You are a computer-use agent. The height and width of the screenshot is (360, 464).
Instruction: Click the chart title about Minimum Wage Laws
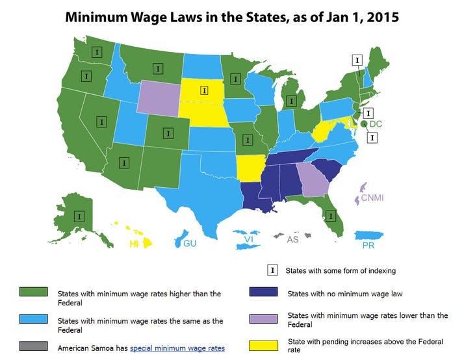(x=232, y=18)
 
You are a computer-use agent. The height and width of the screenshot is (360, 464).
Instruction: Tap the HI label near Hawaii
(x=134, y=244)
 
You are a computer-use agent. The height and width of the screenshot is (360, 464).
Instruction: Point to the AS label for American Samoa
(x=293, y=238)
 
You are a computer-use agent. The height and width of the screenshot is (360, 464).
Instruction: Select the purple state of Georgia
(x=312, y=177)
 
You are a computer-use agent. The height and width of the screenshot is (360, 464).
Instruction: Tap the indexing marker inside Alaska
(x=79, y=216)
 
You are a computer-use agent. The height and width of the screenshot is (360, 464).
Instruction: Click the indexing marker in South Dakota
(x=204, y=90)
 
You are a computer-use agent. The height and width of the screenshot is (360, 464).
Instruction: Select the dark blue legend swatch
(x=263, y=294)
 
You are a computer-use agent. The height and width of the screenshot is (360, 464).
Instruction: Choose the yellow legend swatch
(x=263, y=346)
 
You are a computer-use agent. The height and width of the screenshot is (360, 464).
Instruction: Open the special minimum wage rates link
(x=177, y=348)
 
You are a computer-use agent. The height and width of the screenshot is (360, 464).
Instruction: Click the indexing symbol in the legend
(x=274, y=270)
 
